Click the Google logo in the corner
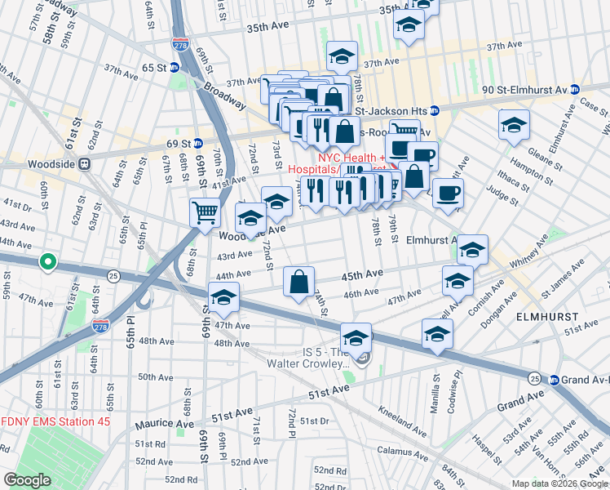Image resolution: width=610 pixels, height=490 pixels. (27, 480)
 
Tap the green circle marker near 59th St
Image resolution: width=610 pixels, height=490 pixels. (48, 262)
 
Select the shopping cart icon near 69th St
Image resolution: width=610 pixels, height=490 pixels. (205, 212)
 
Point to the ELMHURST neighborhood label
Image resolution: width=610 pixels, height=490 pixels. (547, 316)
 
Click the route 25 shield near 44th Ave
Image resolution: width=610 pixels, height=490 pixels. (113, 276)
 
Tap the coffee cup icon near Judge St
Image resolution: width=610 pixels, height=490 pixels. (448, 194)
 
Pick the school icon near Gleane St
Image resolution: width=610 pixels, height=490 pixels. (513, 124)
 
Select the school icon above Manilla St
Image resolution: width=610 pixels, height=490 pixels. (437, 334)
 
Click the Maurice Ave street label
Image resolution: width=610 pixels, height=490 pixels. (165, 424)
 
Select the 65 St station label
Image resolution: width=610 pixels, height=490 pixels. (153, 69)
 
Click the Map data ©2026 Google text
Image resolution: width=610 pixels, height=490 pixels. (559, 483)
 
